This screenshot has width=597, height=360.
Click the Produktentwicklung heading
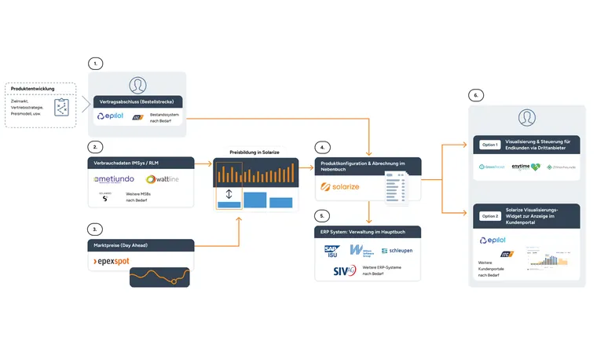(x=33, y=89)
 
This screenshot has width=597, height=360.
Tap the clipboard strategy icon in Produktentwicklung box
(x=60, y=107)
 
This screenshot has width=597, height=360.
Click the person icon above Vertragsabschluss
(x=138, y=85)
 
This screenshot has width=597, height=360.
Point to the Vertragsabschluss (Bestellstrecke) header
(x=137, y=101)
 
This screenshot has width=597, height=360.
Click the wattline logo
(x=163, y=179)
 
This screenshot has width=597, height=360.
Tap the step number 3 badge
(x=95, y=229)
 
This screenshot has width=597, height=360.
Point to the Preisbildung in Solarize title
(x=256, y=152)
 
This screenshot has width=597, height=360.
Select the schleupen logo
(x=396, y=250)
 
